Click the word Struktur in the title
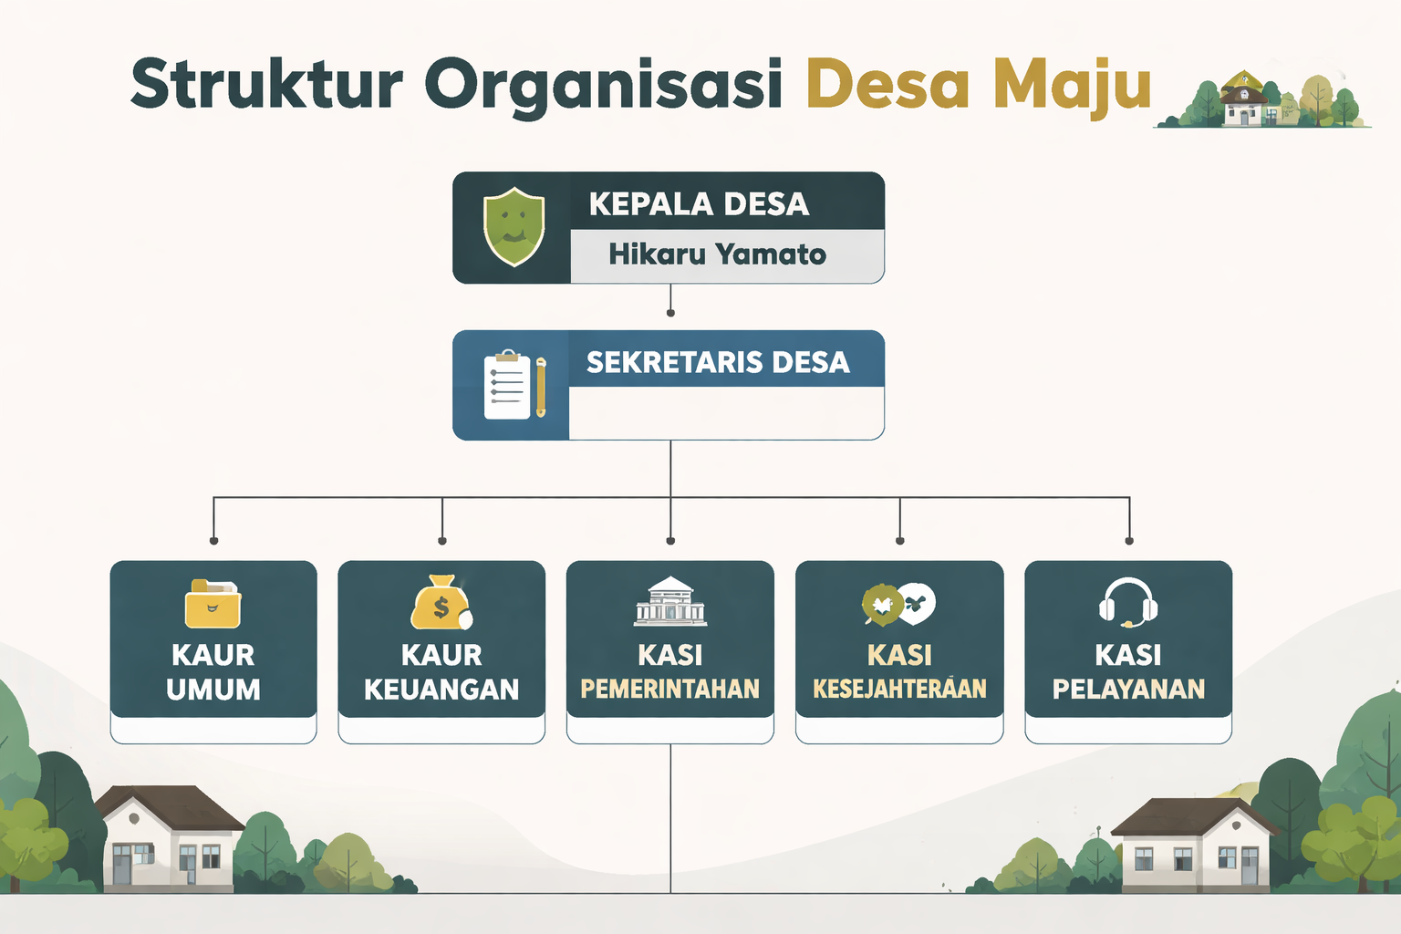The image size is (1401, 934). pos(266,84)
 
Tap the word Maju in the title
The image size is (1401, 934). pos(1072,86)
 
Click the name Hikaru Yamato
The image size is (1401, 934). pos(717,254)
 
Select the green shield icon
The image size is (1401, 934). pos(514,226)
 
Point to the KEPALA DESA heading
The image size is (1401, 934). pos(699,203)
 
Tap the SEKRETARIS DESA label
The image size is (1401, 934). pos(718,362)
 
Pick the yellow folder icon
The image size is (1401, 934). pos(213,604)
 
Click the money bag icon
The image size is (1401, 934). pos(441,603)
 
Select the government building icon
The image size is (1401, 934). pos(670,601)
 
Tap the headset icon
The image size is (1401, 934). pos(1128,602)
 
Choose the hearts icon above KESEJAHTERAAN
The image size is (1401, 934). pos(899,604)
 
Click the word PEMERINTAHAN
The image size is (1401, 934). pos(670,689)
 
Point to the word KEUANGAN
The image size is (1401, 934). pos(441,689)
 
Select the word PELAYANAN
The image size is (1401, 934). pos(1128,689)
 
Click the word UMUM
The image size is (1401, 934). pos(213,689)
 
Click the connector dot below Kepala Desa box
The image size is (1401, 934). pos(670,313)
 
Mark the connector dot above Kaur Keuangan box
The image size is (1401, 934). pos(442,541)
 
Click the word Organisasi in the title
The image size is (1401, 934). pos(603,84)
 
